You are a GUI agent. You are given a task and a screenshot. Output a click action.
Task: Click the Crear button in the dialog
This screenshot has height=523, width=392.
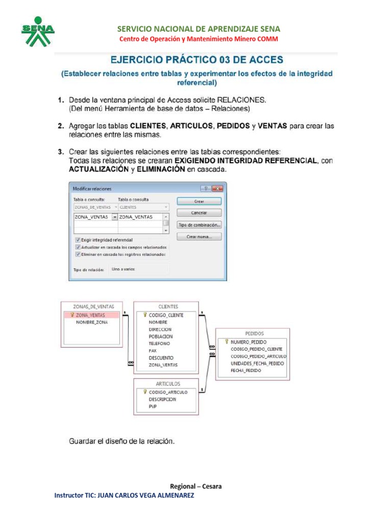pyautogui.click(x=199, y=201)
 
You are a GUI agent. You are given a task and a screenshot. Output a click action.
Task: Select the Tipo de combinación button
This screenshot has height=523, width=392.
pyautogui.click(x=199, y=225)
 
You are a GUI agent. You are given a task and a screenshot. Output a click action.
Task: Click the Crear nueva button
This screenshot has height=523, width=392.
pyautogui.click(x=199, y=236)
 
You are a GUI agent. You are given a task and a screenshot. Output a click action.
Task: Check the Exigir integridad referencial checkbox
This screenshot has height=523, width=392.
pyautogui.click(x=78, y=240)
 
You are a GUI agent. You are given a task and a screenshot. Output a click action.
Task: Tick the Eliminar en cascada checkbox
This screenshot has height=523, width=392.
pyautogui.click(x=78, y=254)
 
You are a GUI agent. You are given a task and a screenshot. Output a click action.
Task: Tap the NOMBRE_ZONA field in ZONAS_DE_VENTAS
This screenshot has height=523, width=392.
pyautogui.click(x=92, y=323)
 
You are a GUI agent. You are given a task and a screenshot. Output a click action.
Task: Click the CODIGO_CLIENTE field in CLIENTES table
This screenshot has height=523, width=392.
pyautogui.click(x=165, y=315)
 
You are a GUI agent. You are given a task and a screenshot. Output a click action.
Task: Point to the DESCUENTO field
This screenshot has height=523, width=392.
pyautogui.click(x=161, y=358)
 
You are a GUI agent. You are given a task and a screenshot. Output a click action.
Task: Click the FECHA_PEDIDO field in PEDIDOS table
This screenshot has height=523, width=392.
pyautogui.click(x=246, y=370)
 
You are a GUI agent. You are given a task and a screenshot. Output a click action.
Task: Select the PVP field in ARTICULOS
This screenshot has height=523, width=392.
pyautogui.click(x=153, y=407)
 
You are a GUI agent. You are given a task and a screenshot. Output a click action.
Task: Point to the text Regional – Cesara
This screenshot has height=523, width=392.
pyautogui.click(x=196, y=486)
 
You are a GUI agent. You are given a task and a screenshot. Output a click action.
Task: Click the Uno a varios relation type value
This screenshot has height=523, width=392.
pyautogui.click(x=123, y=269)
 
